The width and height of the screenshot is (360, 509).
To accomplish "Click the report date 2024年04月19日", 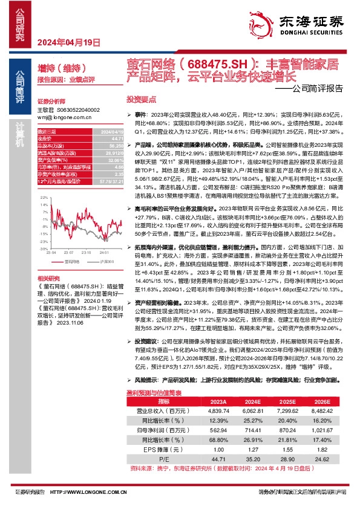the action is pos(68,42).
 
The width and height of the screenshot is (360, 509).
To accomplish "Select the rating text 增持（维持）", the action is pos(60,68).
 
